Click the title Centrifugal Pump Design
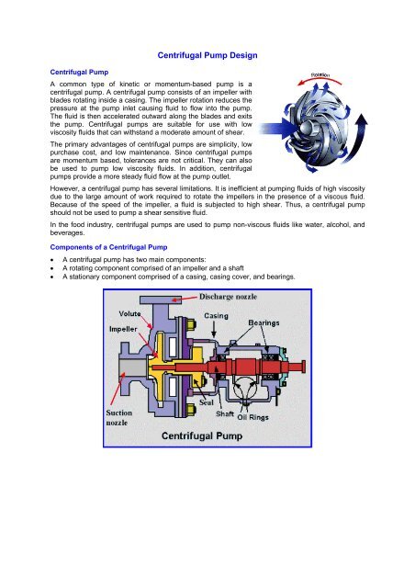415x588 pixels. click(x=207, y=56)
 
